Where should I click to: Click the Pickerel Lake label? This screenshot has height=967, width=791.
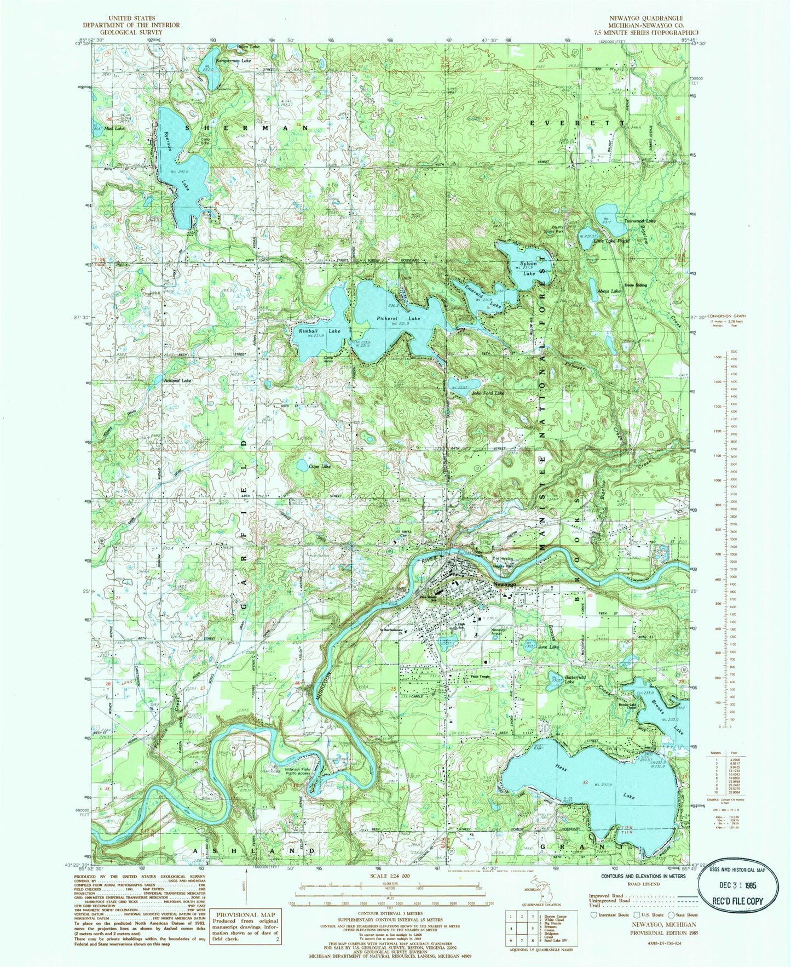(x=390, y=318)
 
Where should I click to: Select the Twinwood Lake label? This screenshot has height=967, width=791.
(x=640, y=221)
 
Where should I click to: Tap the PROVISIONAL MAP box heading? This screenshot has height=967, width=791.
(x=245, y=915)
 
